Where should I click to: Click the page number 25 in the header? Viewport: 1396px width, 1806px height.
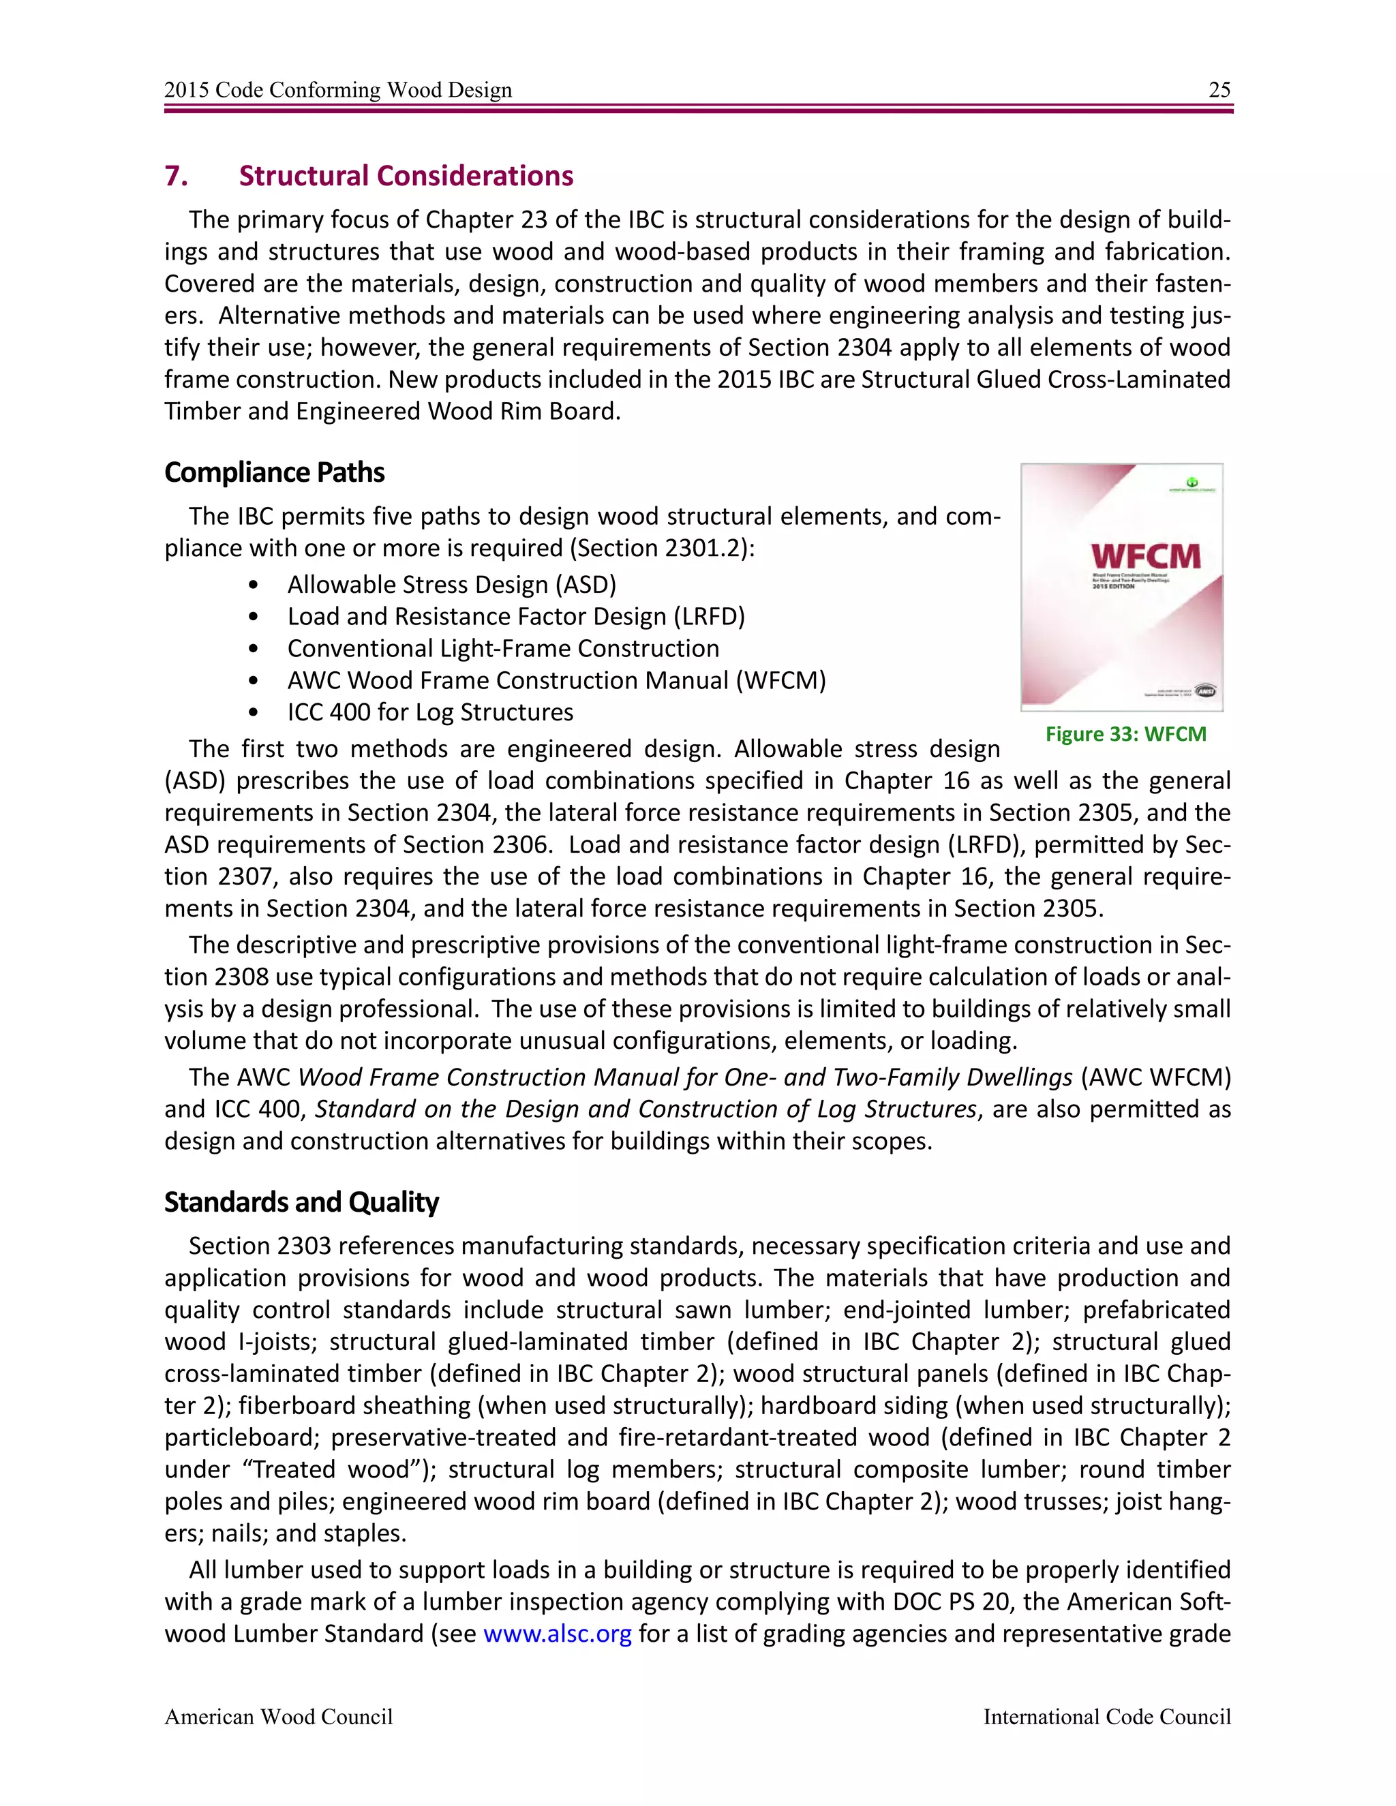1219,89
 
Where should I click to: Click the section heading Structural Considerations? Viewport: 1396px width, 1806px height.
406,175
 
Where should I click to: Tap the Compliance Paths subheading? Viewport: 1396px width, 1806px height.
275,472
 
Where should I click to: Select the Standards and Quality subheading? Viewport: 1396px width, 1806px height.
301,1202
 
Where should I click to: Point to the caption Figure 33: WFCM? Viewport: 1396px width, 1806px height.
1125,733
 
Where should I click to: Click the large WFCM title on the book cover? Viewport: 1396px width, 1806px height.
1145,555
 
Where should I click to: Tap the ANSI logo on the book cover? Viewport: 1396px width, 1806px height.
1205,690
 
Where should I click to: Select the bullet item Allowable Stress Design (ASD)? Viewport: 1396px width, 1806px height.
451,585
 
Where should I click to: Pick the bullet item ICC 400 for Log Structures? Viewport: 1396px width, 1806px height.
430,712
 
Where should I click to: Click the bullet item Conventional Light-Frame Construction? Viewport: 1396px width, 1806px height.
503,648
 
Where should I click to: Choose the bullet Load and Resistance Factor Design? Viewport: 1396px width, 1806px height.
516,616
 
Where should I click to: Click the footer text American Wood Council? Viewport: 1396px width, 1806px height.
278,1717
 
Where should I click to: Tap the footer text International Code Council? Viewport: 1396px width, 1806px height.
1106,1717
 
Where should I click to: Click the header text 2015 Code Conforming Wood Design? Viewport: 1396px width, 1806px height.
337,89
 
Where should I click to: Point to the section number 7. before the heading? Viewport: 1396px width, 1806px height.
175,175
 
